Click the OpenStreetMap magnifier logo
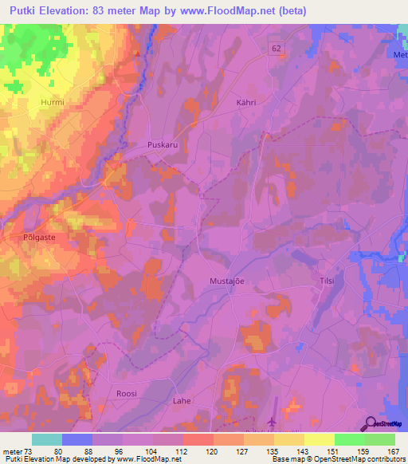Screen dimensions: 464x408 click(x=372, y=423)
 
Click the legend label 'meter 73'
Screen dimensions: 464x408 click(x=18, y=451)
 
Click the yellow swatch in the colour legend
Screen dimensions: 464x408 click(x=319, y=439)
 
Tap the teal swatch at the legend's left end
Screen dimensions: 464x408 click(x=47, y=439)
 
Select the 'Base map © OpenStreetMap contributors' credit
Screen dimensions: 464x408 click(x=339, y=459)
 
